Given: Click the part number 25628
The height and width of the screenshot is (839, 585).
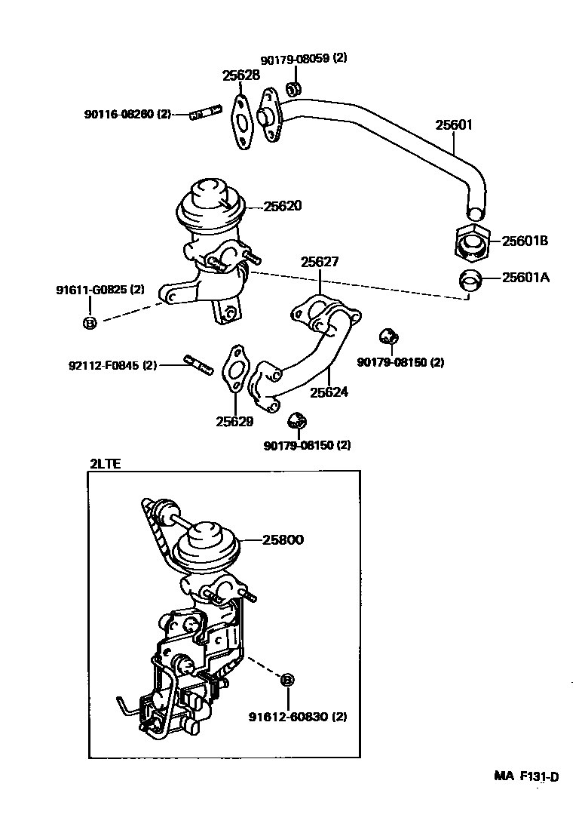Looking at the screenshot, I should [x=240, y=75].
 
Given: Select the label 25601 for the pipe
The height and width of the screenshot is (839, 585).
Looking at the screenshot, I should [x=454, y=125].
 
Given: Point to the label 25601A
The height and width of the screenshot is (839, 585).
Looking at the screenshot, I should [x=526, y=278].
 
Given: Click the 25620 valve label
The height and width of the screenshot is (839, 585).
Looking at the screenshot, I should [x=283, y=206].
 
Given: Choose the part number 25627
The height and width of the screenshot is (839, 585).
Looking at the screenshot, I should [x=320, y=262].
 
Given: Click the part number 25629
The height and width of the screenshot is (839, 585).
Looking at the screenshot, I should [x=234, y=422].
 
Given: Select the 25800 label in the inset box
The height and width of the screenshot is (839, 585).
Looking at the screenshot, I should [x=283, y=540].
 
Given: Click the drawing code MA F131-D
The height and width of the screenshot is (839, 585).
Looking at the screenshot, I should [x=527, y=776].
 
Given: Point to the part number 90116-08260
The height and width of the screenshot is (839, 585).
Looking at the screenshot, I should [x=118, y=115].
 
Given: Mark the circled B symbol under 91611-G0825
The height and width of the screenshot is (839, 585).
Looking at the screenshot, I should [x=89, y=323].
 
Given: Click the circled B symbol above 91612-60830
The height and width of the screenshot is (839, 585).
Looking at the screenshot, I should [x=287, y=680].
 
